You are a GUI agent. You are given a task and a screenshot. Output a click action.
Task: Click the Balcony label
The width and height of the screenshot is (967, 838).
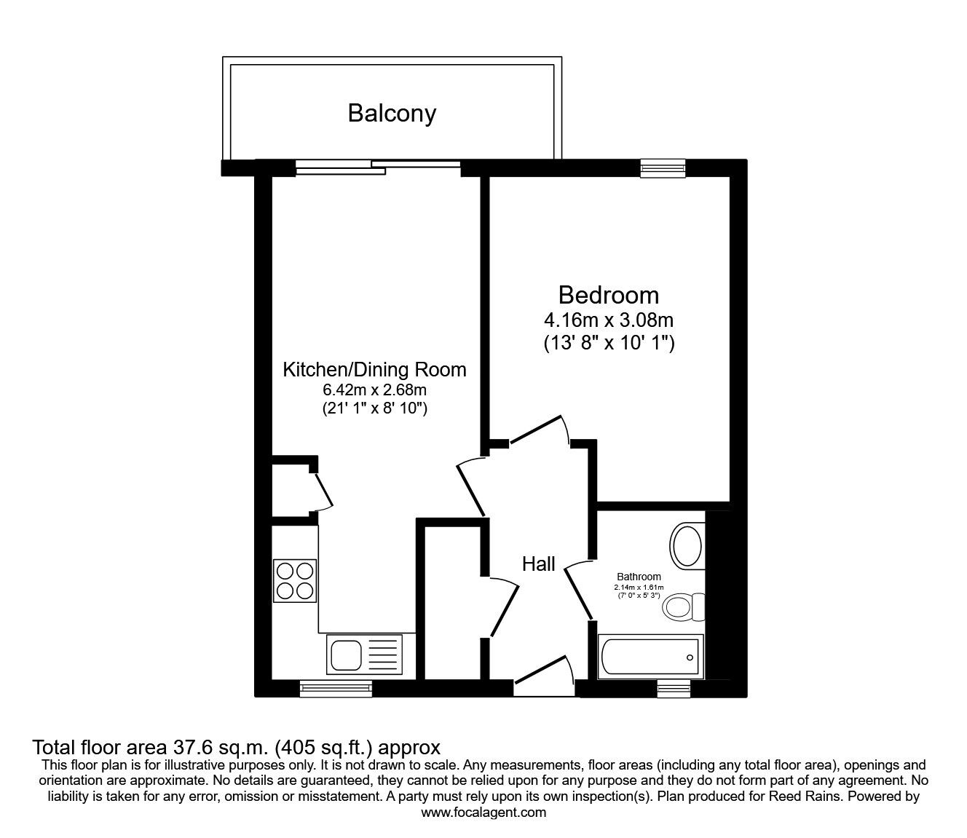392,114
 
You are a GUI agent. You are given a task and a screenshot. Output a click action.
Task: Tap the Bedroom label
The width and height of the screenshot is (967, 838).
609,296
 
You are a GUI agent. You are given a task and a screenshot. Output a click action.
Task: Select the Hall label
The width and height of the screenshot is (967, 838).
538,564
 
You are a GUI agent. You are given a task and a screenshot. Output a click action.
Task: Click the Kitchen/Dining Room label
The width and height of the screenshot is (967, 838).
375,370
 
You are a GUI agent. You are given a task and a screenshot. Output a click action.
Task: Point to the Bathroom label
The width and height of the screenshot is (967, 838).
639,577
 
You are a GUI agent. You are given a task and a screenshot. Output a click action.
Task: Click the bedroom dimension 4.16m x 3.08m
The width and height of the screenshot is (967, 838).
609,320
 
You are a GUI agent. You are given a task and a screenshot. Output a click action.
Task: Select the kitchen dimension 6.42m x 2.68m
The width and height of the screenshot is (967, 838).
375,390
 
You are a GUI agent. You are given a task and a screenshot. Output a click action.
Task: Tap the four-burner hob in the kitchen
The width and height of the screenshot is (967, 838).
295,581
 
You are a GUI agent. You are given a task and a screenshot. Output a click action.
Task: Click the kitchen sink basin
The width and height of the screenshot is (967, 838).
346,655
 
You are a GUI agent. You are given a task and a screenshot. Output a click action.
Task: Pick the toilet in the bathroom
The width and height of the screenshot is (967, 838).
684,607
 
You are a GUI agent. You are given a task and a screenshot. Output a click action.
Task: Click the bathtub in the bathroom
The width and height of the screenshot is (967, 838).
651,657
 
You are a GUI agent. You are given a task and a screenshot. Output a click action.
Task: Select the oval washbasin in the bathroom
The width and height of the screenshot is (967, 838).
687,545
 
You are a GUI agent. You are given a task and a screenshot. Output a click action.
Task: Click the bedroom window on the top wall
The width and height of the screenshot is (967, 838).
663,168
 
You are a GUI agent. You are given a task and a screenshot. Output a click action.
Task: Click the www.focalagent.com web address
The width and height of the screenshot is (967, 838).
483,813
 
